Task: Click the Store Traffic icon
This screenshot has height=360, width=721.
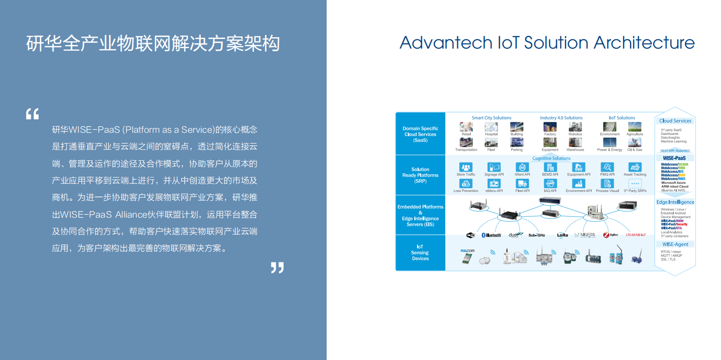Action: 466,167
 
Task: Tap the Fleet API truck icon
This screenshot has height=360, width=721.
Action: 522,183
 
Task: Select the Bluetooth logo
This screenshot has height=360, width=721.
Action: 491,235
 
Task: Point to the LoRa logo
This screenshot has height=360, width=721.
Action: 562,235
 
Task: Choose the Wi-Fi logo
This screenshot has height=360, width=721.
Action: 471,235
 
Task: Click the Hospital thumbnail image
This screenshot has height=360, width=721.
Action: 491,127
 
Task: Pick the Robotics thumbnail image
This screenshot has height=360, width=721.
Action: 575,127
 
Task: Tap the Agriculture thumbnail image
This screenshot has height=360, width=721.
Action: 635,127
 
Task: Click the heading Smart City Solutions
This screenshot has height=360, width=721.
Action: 491,118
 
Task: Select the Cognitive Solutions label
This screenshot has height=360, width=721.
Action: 551,158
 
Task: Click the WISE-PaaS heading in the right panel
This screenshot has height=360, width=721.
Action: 674,158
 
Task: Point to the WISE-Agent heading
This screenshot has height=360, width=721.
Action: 675,244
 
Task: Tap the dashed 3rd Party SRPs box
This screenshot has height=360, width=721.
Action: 635,183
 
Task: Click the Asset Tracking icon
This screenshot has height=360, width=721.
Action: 635,167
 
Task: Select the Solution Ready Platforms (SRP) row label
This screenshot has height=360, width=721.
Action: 420,175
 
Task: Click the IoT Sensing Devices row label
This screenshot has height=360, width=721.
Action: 420,253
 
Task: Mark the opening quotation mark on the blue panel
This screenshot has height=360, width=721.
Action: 32,113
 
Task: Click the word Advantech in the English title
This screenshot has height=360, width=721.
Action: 446,43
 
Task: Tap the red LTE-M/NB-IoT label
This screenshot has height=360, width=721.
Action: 636,235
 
